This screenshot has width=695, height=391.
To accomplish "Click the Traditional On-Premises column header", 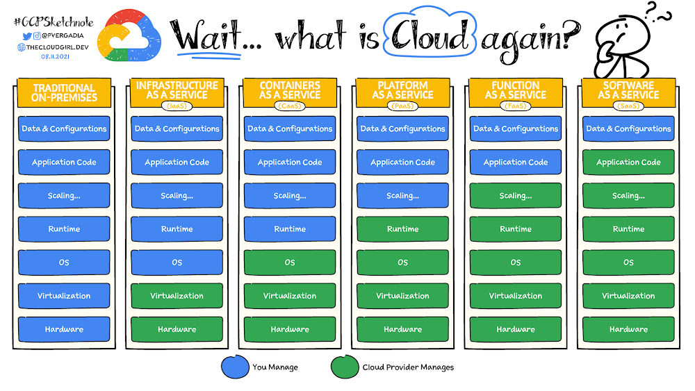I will (x=63, y=93).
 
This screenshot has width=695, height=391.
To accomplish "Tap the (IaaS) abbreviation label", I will (x=177, y=106).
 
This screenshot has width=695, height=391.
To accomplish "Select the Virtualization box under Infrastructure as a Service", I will (x=177, y=296).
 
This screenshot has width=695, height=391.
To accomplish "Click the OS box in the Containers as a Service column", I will (x=290, y=263).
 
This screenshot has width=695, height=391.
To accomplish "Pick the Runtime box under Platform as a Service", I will (x=402, y=229).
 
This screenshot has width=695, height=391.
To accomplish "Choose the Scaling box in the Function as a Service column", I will (x=516, y=196).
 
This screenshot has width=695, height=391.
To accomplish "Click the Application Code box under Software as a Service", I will (x=628, y=163).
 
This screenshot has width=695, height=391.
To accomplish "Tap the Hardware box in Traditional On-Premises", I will (x=63, y=329).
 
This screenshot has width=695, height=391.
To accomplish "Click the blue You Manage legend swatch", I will (x=234, y=367).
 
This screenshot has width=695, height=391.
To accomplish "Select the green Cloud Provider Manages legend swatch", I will (x=345, y=367).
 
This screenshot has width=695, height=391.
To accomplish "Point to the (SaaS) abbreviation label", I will (x=628, y=106).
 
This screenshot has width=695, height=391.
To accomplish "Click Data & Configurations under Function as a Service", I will (x=516, y=128).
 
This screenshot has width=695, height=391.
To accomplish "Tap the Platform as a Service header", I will (x=402, y=90).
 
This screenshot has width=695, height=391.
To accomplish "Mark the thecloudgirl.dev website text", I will (x=57, y=47).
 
